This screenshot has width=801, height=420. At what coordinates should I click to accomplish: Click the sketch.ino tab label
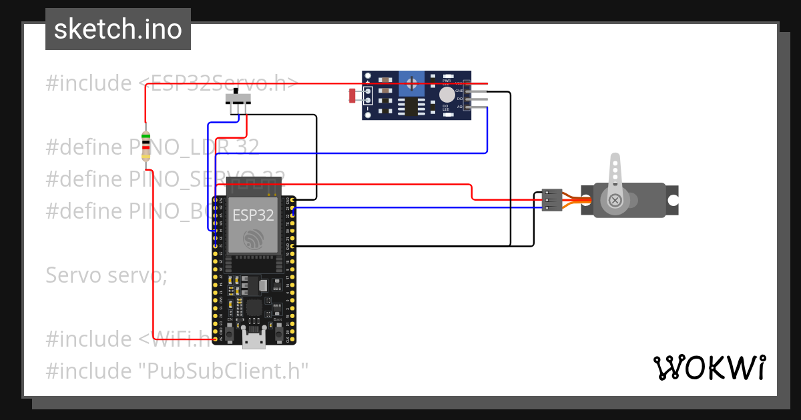[118, 29]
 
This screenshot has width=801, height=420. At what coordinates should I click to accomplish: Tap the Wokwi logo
[708, 367]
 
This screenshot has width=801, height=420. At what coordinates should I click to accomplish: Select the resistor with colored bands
[146, 143]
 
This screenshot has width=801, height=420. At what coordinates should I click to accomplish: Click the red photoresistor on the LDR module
[353, 96]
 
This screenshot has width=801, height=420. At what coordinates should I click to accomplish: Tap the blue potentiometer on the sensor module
[413, 83]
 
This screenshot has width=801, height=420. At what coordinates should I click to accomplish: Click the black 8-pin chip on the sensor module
[411, 107]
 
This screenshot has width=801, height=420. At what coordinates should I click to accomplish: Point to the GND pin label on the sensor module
[459, 90]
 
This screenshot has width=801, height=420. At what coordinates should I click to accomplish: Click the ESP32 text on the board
[253, 215]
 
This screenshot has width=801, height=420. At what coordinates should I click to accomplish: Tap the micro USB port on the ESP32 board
[253, 341]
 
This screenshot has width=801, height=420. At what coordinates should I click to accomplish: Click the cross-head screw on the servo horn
[615, 200]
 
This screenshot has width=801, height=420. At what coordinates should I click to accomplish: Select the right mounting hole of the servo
[673, 200]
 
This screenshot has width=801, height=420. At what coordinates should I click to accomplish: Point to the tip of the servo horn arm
[615, 160]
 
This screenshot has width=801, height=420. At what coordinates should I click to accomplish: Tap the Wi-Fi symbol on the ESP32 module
[253, 241]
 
